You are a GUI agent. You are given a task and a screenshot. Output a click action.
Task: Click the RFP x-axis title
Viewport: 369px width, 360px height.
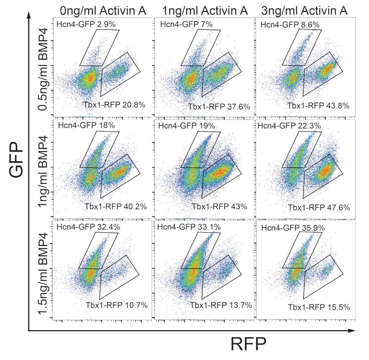point(248,344)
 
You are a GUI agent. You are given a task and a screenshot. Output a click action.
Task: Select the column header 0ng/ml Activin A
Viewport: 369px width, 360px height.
point(103,11)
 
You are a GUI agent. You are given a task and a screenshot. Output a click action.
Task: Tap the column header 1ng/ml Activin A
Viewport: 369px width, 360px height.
point(205,11)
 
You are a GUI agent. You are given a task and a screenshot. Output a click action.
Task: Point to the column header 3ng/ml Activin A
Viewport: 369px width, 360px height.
point(304,11)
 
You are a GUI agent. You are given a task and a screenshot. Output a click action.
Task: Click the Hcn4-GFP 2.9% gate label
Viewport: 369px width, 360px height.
point(86,24)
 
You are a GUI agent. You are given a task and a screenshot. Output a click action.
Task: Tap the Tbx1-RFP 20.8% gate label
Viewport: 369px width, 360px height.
point(114,105)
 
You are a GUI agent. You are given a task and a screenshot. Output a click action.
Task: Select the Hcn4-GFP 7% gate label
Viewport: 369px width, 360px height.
point(186,24)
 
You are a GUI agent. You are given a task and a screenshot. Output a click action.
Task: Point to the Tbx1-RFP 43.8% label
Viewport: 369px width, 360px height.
point(318,106)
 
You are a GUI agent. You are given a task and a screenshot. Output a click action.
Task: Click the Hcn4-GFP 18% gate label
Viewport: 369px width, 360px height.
point(86,125)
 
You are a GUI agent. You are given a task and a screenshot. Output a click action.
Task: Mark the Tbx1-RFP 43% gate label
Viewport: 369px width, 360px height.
point(220,206)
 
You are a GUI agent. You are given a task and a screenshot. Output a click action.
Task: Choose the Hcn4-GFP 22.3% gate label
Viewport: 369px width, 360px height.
point(289,126)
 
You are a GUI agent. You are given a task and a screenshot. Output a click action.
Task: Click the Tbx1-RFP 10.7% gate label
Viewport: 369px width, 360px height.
point(117,305)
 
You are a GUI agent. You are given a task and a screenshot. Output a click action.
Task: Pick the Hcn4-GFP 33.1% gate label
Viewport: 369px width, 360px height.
point(189,227)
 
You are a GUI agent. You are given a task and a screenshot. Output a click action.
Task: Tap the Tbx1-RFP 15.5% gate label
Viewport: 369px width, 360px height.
point(319,307)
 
